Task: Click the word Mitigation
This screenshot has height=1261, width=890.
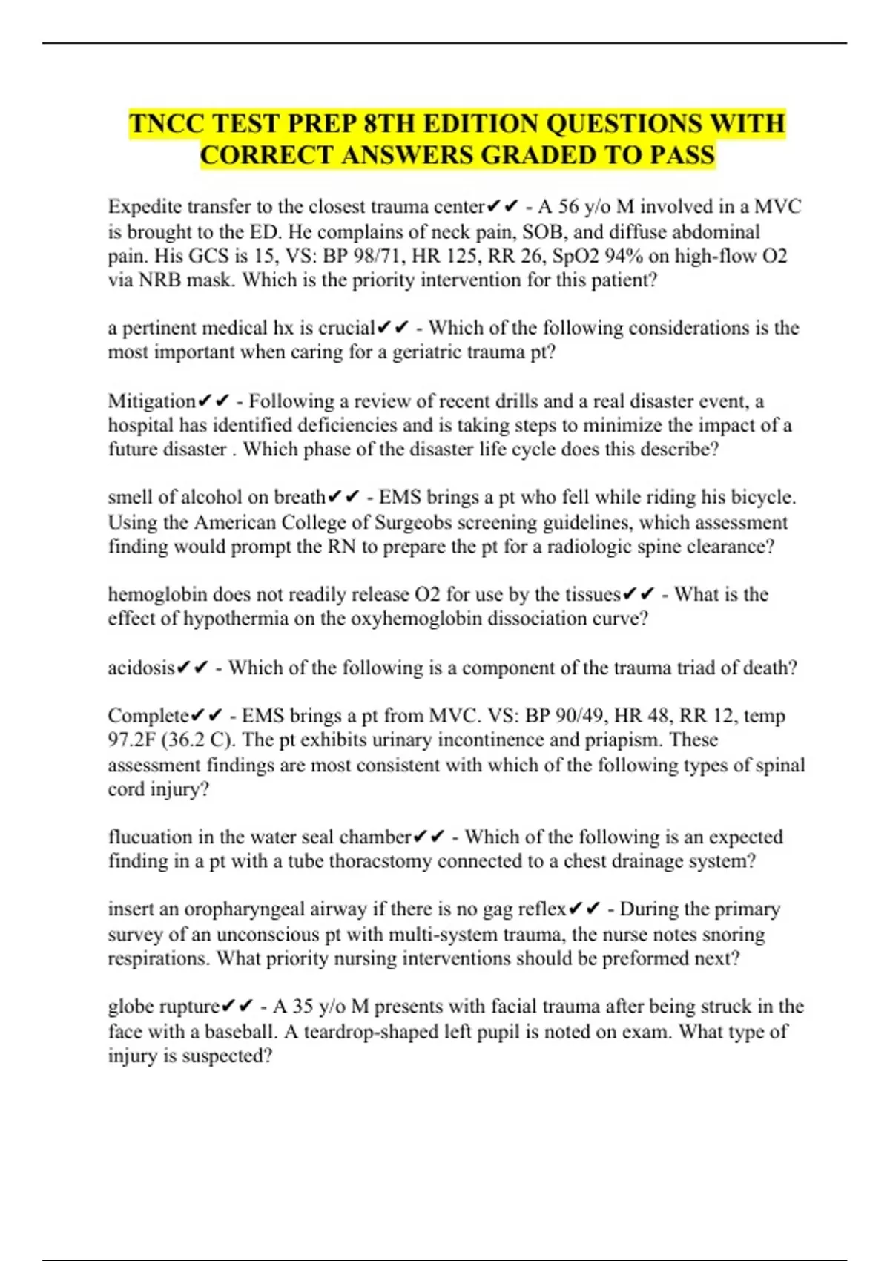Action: pyautogui.click(x=151, y=401)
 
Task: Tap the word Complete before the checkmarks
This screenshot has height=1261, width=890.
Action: pyautogui.click(x=148, y=716)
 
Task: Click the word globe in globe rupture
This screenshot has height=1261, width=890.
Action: pyautogui.click(x=128, y=1007)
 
